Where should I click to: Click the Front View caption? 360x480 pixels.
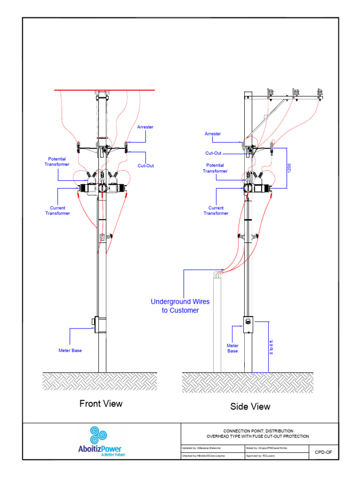[101, 404]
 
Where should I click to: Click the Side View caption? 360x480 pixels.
[250, 406]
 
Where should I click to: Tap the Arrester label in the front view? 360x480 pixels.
[145, 127]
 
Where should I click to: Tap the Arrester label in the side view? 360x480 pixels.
[212, 134]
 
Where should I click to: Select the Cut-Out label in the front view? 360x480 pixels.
[145, 165]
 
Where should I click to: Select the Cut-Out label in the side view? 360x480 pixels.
[213, 153]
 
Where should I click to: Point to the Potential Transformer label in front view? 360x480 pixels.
[57, 162]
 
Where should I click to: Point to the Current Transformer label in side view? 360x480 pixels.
[216, 210]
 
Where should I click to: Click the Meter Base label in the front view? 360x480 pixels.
[70, 350]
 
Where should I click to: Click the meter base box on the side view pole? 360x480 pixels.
[248, 324]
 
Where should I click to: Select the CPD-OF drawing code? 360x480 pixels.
[323, 452]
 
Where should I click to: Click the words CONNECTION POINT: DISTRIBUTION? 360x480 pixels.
[258, 431]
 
